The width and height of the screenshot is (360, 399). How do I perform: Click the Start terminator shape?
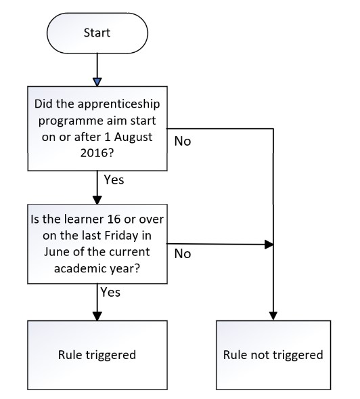click(x=97, y=33)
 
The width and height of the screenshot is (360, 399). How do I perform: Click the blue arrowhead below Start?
click(x=97, y=82)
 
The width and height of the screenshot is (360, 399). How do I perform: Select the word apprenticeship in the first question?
click(x=118, y=104)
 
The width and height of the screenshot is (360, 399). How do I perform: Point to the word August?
click(x=133, y=137)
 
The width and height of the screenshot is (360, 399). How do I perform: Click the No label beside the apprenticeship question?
click(x=183, y=141)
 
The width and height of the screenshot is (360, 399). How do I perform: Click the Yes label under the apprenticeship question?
click(x=114, y=180)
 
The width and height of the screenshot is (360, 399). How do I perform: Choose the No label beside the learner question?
click(x=183, y=254)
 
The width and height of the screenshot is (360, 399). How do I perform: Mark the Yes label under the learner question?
click(x=110, y=293)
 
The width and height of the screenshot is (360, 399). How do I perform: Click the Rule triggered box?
click(x=97, y=355)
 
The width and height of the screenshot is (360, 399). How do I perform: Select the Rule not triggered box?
click(x=273, y=355)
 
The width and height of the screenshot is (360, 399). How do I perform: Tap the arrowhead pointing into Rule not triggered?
click(x=273, y=316)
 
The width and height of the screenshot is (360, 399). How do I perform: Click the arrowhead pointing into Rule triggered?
click(x=97, y=316)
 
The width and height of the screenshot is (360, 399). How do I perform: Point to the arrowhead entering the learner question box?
click(x=97, y=200)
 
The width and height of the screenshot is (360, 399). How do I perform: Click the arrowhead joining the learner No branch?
click(x=269, y=245)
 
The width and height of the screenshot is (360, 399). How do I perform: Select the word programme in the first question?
click(x=70, y=121)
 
